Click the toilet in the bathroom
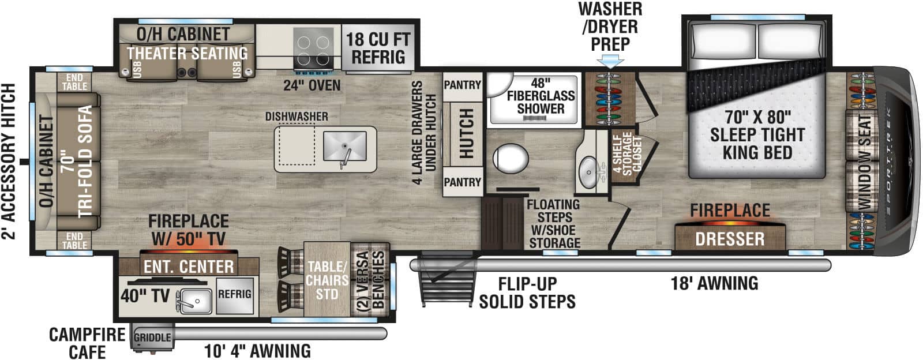[511, 157]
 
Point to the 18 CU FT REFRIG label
[378, 48]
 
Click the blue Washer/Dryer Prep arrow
[610, 61]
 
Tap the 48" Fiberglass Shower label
[540, 96]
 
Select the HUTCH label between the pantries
[466, 134]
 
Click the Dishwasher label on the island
[297, 117]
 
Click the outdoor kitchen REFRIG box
[234, 294]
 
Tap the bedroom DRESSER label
[729, 239]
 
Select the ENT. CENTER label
[189, 267]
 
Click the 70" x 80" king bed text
[757, 134]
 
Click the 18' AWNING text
[714, 283]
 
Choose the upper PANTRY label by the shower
[462, 85]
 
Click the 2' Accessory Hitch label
[9, 162]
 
